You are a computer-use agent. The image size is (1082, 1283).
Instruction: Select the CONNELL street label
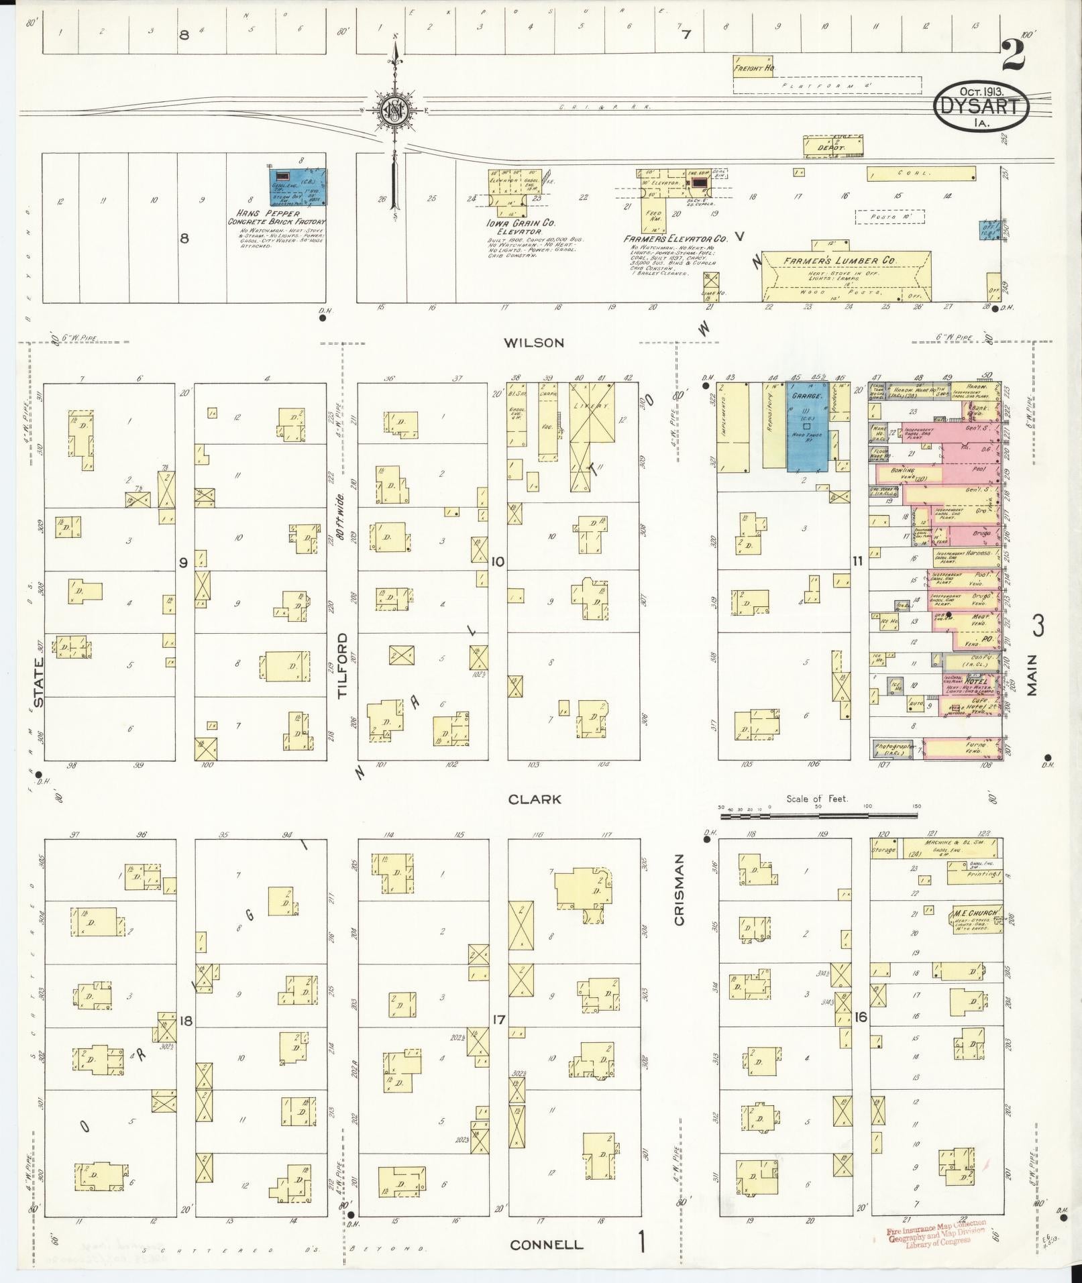546,1245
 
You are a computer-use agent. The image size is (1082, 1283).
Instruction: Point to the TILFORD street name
344,665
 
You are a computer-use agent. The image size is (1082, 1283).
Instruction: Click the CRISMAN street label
679,889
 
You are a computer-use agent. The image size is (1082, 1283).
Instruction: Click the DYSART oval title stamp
981,107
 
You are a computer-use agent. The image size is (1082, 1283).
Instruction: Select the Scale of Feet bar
818,815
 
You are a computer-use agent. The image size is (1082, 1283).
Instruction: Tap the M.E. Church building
974,916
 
